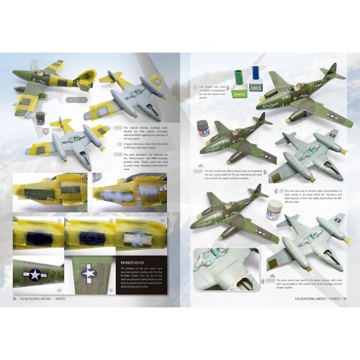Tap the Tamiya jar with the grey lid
[x=204, y=131]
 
